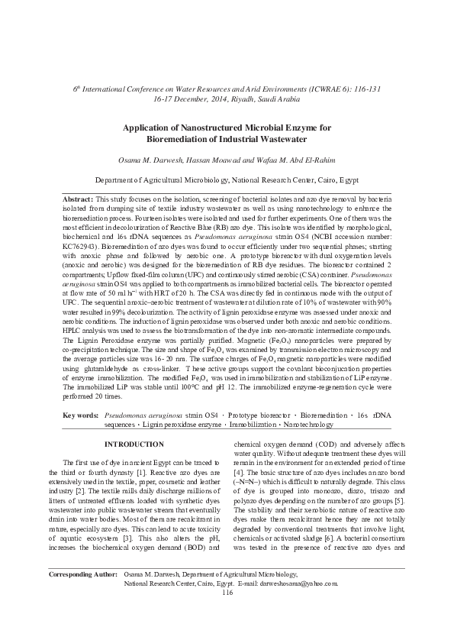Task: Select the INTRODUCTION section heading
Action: (134, 444)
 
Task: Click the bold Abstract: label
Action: (79, 198)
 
